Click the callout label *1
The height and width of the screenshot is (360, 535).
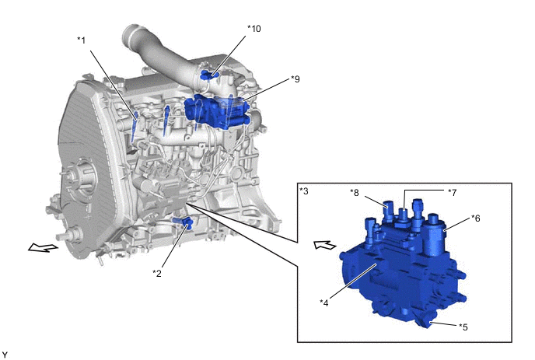[x=81, y=40]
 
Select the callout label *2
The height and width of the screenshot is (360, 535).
[x=157, y=273]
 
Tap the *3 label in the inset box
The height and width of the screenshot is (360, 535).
[x=304, y=191]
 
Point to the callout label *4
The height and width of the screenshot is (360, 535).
[x=324, y=302]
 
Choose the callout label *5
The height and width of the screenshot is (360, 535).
[x=463, y=327]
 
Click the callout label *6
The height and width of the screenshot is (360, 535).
[x=476, y=218]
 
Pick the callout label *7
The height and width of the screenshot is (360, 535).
[x=452, y=193]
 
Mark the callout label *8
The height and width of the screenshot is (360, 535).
[x=355, y=193]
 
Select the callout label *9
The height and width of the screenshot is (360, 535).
[x=295, y=79]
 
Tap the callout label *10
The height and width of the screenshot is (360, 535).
[x=254, y=29]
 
